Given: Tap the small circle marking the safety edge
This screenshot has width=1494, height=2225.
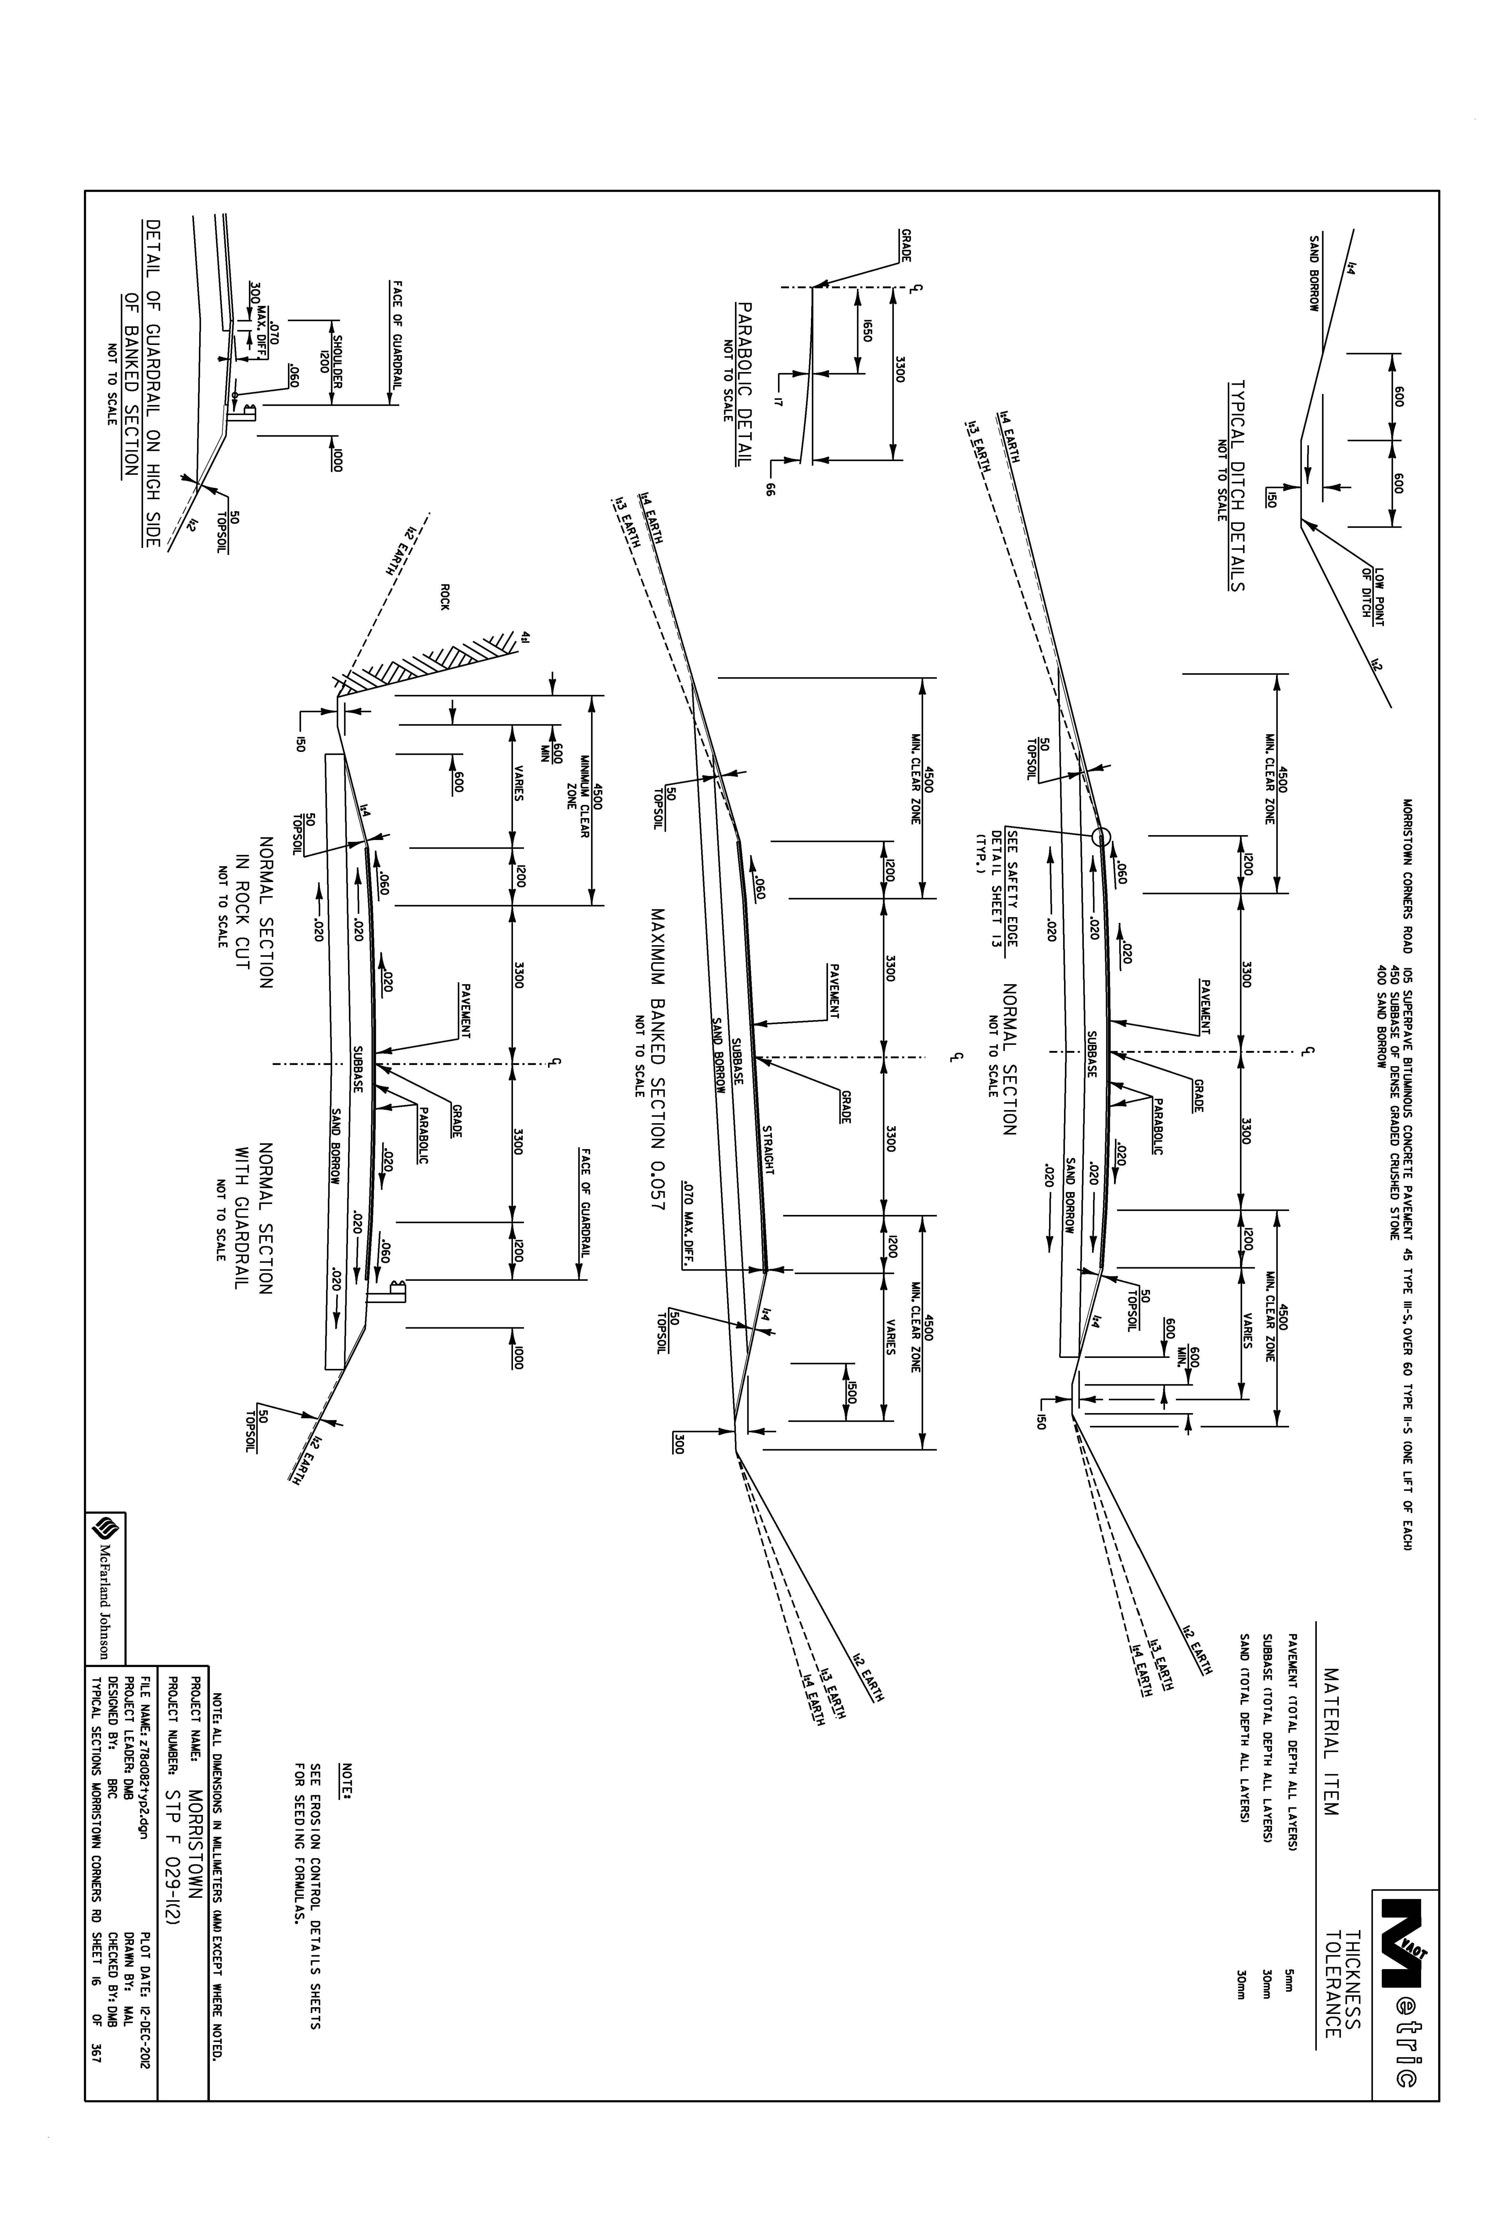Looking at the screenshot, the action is point(1101,837).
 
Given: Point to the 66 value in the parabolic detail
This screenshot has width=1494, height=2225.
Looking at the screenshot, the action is point(771,490).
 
